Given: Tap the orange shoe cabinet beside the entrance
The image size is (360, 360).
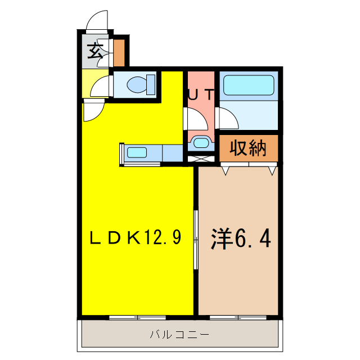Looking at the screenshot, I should (x=119, y=52).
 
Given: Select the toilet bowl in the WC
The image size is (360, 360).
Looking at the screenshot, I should (x=139, y=85).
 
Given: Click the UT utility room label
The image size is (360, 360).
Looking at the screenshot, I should (x=200, y=95).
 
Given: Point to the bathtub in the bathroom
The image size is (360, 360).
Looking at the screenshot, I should (x=249, y=85).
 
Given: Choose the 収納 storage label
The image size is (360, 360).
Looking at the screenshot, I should (x=248, y=148).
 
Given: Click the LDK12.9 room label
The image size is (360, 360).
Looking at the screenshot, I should (x=136, y=238).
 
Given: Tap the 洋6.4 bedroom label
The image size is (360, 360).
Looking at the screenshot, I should (x=241, y=238).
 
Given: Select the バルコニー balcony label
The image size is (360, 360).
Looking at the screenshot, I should (x=179, y=335).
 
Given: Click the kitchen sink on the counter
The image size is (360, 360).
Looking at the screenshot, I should (x=137, y=152).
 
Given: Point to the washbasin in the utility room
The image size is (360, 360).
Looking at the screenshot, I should (x=200, y=142).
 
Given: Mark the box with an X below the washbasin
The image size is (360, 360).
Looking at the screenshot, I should (x=200, y=158).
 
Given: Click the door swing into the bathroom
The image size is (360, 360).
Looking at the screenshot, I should (x=227, y=119).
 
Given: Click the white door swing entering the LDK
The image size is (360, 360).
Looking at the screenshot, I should (x=91, y=110).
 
